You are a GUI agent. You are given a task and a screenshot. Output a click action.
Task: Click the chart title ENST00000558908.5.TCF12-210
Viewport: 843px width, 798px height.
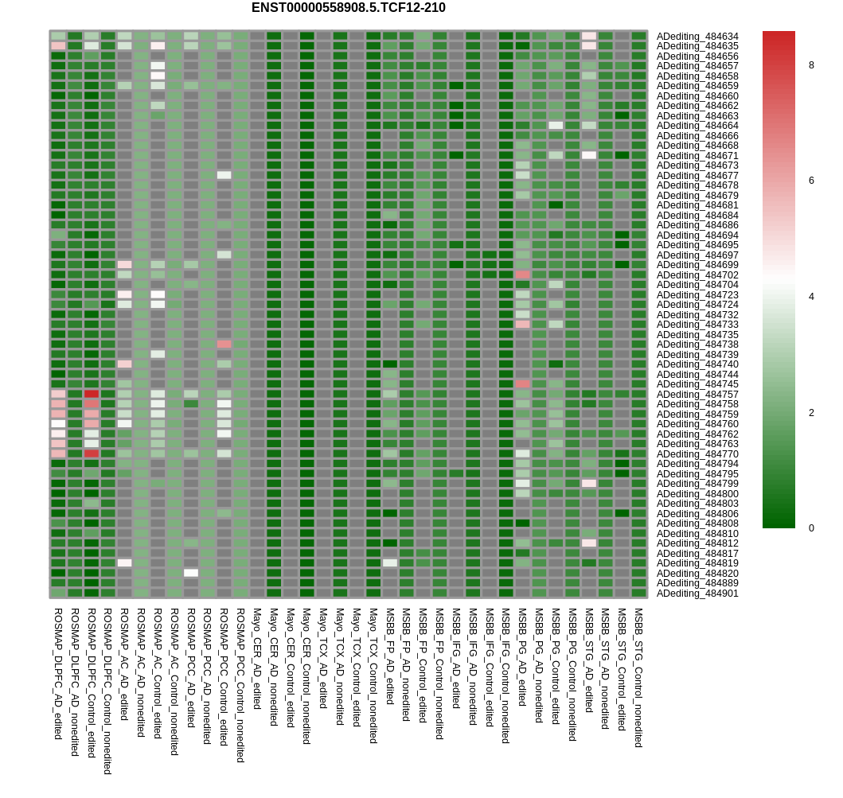348,8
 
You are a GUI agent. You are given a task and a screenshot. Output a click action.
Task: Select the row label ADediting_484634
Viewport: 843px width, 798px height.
697,37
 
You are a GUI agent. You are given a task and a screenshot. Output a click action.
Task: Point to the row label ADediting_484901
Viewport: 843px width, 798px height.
697,594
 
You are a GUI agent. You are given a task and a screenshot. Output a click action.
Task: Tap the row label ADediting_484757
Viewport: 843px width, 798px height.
697,395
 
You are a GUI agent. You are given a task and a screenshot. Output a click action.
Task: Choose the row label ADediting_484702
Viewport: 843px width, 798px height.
697,275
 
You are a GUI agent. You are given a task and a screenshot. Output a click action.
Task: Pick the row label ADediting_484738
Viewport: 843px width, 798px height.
697,345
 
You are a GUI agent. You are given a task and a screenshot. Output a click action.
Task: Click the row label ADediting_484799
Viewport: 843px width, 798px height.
697,484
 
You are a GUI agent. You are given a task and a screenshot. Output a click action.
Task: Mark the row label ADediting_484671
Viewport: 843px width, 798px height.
697,156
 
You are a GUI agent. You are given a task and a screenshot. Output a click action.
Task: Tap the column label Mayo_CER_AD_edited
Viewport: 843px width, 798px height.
257,659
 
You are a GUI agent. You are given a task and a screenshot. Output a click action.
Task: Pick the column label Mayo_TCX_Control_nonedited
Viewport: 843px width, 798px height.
373,675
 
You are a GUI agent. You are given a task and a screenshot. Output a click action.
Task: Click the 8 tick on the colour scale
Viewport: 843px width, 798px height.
811,65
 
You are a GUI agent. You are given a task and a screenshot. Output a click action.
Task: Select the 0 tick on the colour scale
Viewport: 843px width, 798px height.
811,528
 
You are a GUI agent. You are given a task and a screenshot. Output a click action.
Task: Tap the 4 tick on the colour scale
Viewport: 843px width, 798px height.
811,297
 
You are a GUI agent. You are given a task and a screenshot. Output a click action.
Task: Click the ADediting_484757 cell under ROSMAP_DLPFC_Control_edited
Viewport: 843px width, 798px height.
92,394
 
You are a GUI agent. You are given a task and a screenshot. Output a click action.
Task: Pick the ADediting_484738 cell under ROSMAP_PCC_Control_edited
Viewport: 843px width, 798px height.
224,345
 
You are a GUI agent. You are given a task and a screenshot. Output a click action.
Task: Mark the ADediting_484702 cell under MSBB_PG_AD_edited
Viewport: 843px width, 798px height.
522,274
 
